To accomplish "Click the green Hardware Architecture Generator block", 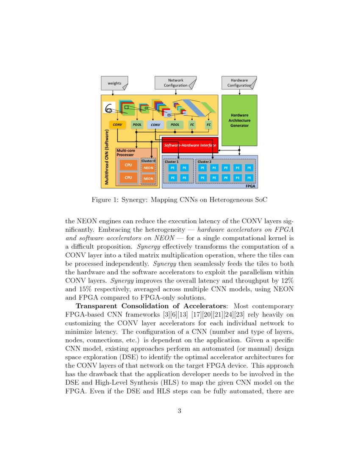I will (239, 120).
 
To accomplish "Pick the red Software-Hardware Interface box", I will (190, 145).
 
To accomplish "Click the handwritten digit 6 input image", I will (109, 108).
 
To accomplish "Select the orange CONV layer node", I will (117, 125).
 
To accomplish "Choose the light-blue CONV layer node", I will (155, 125).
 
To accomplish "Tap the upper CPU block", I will (128, 165).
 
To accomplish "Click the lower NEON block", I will (148, 179).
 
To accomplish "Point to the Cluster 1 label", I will (172, 162).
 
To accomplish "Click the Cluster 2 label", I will (204, 162).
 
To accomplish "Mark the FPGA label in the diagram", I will (252, 186).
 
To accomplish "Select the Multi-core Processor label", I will (125, 153).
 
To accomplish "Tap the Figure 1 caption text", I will (180, 199).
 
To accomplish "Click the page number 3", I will (180, 411).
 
